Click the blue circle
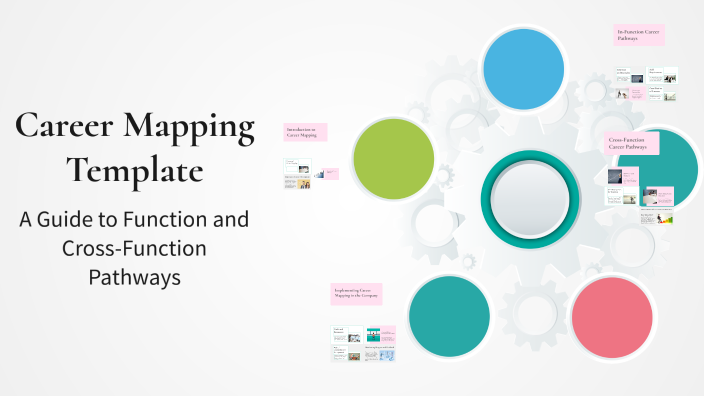pyautogui.click(x=523, y=68)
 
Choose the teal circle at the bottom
pyautogui.click(x=449, y=315)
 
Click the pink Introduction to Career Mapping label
pyautogui.click(x=305, y=132)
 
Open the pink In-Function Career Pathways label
pyautogui.click(x=639, y=35)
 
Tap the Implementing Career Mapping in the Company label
pyautogui.click(x=356, y=293)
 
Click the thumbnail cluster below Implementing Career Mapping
pyautogui.click(x=364, y=342)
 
